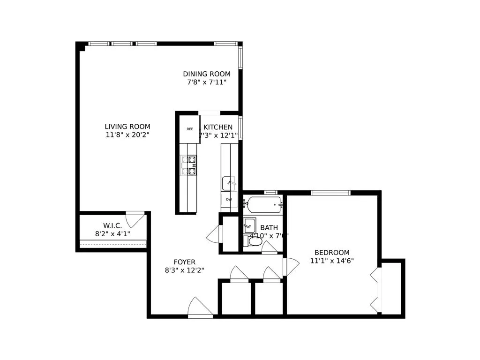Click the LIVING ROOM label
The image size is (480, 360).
click(x=127, y=127)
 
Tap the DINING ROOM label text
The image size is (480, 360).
click(x=207, y=74)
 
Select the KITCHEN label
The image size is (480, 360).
click(x=218, y=127)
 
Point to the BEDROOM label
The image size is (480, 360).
click(x=332, y=252)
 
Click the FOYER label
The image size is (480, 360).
click(x=184, y=262)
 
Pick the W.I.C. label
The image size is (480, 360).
click(x=112, y=225)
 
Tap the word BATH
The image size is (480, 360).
click(x=269, y=228)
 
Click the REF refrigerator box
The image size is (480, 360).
click(x=190, y=129)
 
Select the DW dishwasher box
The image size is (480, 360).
click(x=229, y=199)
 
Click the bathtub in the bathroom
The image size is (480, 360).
click(x=264, y=203)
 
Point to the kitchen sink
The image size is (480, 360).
click(x=229, y=182)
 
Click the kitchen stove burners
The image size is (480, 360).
click(x=191, y=165)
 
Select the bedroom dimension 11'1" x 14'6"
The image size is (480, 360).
click(x=332, y=261)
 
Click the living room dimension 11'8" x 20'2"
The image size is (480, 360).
click(x=127, y=135)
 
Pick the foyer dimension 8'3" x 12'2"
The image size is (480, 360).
click(x=184, y=270)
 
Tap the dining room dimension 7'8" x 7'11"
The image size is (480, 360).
click(x=207, y=82)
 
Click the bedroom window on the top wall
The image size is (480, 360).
click(x=330, y=192)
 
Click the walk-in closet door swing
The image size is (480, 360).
click(x=135, y=218)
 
